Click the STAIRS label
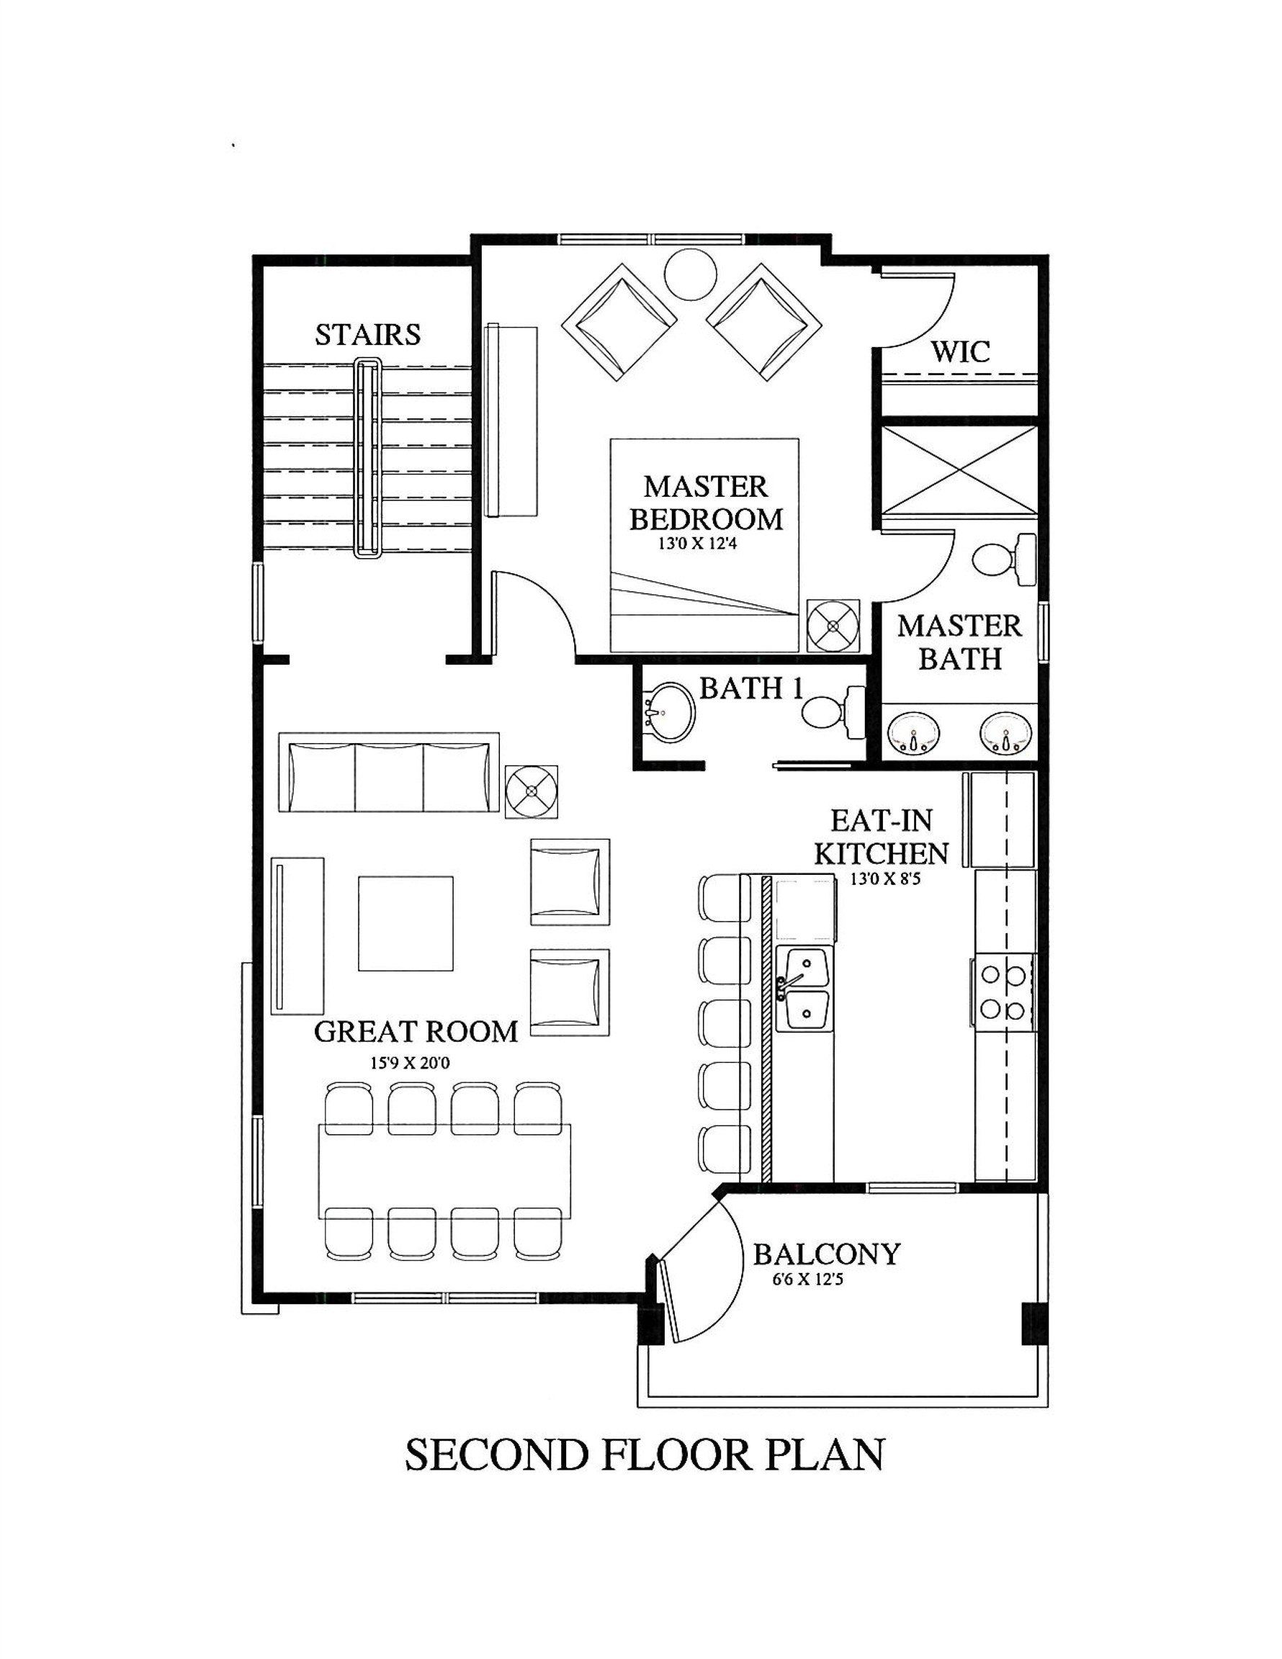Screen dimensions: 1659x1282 tap(368, 335)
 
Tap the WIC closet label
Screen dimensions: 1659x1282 tap(960, 351)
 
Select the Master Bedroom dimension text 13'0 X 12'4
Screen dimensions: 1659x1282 tap(697, 544)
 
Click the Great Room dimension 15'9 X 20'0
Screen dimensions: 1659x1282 tap(410, 1063)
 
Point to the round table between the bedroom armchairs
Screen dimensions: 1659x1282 tap(690, 275)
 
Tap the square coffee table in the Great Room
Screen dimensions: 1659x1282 tap(405, 924)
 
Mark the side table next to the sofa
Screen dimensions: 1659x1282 tap(532, 791)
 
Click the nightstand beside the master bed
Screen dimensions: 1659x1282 tap(833, 626)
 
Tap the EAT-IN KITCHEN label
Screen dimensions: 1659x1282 tap(881, 837)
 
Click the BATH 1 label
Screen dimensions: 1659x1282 tap(750, 688)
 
